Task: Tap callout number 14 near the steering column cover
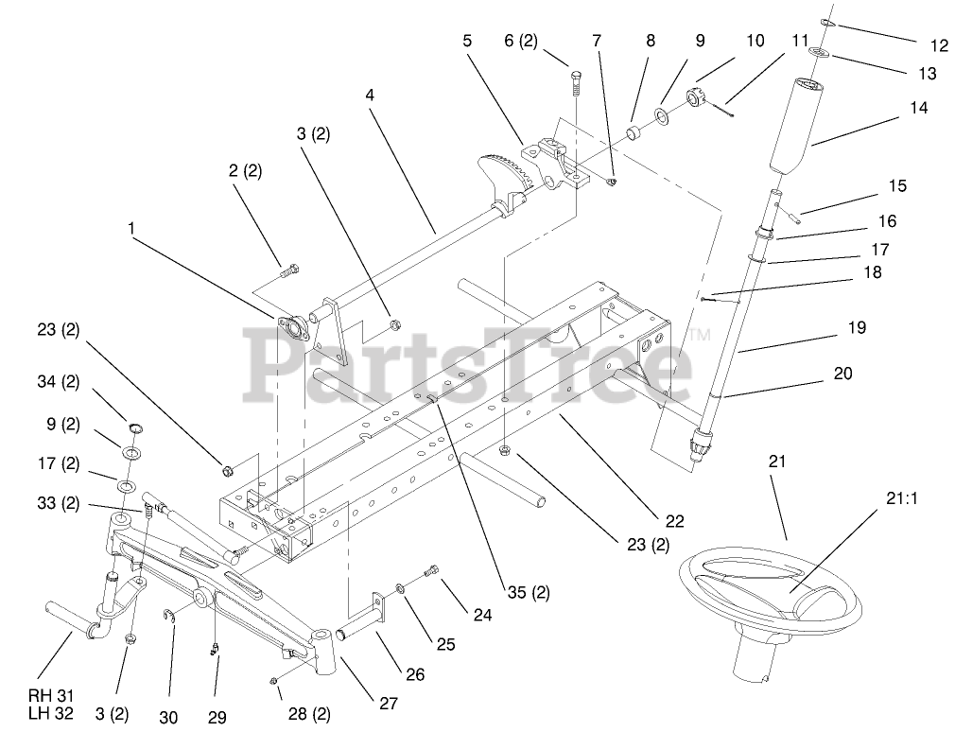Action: (x=918, y=109)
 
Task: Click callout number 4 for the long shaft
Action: (x=370, y=95)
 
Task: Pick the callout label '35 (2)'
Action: (x=528, y=594)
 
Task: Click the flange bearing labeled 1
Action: (x=292, y=328)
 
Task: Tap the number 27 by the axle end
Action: (x=388, y=703)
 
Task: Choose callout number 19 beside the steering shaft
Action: (x=857, y=328)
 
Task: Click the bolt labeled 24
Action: (x=432, y=570)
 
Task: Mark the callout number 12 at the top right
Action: (x=939, y=44)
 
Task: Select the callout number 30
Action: (x=173, y=718)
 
